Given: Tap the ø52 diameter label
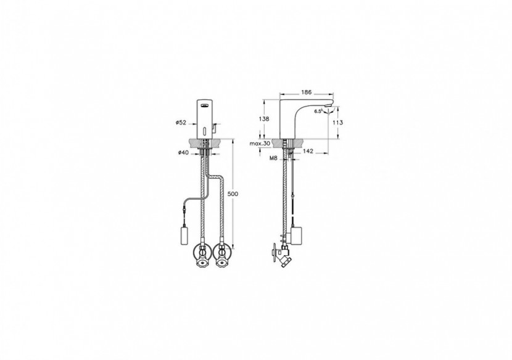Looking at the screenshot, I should (x=181, y=123).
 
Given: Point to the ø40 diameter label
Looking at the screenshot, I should (x=181, y=152).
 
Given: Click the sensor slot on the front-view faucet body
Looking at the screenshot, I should (x=205, y=130).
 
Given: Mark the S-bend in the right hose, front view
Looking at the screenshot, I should (x=216, y=181).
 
